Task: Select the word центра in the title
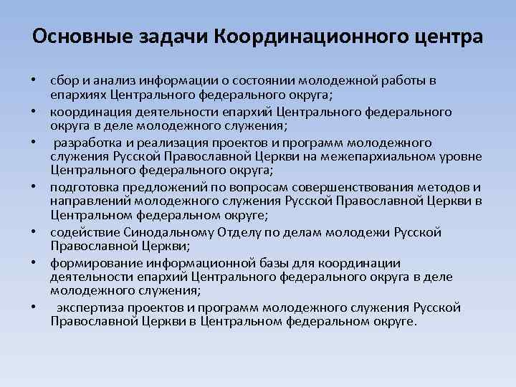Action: [x=450, y=35]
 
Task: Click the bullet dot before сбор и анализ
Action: [x=34, y=82]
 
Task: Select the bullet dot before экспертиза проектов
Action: [x=34, y=308]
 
